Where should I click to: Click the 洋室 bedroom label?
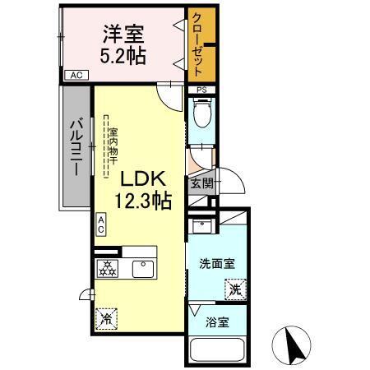[x=123, y=34]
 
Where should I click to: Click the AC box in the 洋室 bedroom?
[x=76, y=76]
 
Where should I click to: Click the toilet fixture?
[x=201, y=113]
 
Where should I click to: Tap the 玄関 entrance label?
[x=201, y=183]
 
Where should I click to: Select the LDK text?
[x=145, y=178]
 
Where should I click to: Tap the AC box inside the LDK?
[x=101, y=224]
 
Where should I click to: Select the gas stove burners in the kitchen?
[x=106, y=266]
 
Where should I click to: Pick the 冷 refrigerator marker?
[x=105, y=316]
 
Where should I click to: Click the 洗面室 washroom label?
[x=217, y=263]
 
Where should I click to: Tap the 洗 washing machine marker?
[x=234, y=289]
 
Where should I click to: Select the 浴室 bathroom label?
[x=217, y=321]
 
